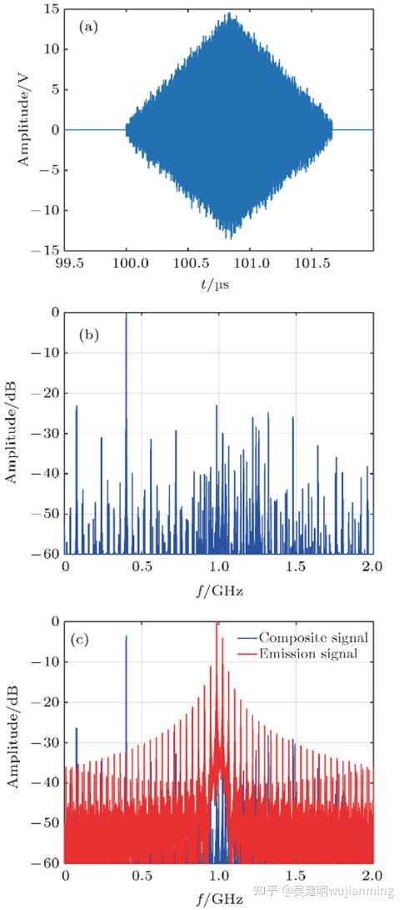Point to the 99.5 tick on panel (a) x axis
66,264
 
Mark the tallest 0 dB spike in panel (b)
126,315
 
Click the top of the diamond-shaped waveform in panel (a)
229,14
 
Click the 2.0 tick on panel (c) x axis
372,877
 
